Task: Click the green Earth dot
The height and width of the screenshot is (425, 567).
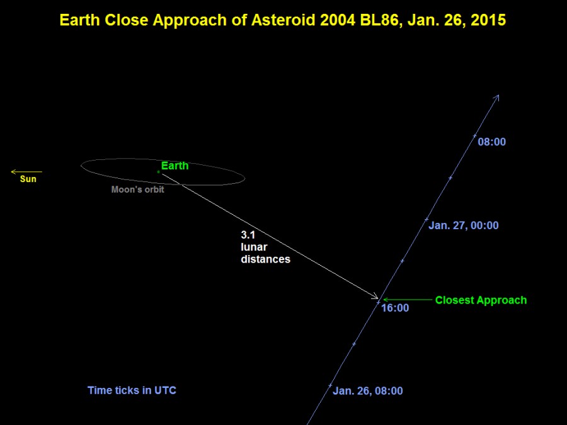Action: click(x=158, y=171)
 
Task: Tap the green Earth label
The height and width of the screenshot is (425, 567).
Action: click(x=175, y=166)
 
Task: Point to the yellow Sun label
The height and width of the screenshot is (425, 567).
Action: click(x=28, y=179)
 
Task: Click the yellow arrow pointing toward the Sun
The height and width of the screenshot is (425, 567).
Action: click(x=26, y=171)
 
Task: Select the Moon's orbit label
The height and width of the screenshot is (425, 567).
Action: click(x=137, y=190)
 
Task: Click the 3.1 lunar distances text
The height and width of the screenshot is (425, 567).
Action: click(x=265, y=246)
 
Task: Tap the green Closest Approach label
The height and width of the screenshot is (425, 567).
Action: click(x=481, y=300)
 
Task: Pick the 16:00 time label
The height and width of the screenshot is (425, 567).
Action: click(x=395, y=308)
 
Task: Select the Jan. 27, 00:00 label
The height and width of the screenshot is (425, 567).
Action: click(x=463, y=225)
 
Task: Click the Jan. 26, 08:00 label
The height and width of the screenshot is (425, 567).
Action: click(x=367, y=391)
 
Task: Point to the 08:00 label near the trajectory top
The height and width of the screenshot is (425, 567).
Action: click(x=491, y=142)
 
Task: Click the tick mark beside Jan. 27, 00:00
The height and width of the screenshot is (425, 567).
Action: click(x=427, y=220)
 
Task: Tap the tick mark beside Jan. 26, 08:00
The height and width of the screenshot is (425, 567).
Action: click(x=330, y=385)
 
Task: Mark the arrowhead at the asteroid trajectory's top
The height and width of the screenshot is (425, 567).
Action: click(x=498, y=97)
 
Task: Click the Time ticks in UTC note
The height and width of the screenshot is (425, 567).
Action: click(x=132, y=390)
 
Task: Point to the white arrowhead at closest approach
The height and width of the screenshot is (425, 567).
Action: click(x=376, y=297)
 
